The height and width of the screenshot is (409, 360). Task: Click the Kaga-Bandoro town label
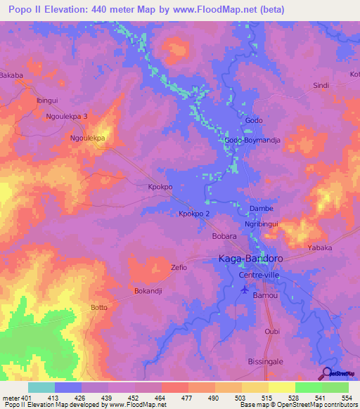point(248,259)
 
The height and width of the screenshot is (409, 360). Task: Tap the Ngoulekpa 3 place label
point(67,117)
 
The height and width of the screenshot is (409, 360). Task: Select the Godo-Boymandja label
point(252,141)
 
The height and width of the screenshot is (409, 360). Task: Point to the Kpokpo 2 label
point(193,214)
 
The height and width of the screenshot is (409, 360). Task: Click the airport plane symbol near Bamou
point(244,292)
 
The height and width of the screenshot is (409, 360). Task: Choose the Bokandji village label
point(148,290)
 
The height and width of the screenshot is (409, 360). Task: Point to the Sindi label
point(321,86)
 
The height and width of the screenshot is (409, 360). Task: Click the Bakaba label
point(11,74)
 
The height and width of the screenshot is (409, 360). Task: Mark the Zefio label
point(179,268)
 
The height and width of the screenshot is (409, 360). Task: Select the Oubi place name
point(272,331)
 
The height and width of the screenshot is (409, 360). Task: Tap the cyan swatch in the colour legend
point(41,387)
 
